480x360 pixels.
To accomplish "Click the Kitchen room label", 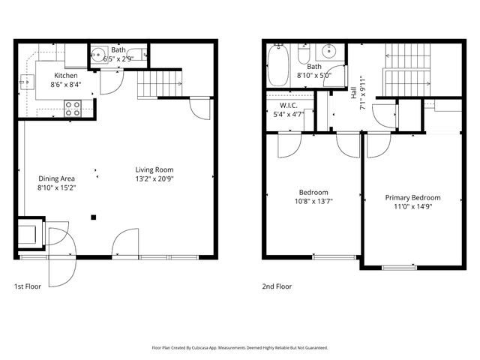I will pyautogui.click(x=65, y=76).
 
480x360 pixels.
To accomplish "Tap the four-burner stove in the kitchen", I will pyautogui.click(x=73, y=108).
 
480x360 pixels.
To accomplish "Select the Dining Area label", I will pyautogui.click(x=56, y=178).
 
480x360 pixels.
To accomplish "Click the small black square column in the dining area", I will pyautogui.click(x=94, y=217).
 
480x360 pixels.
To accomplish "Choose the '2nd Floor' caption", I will pyautogui.click(x=277, y=286).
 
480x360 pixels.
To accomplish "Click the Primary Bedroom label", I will pyautogui.click(x=412, y=197).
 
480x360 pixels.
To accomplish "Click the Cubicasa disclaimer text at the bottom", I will pyautogui.click(x=240, y=348).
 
